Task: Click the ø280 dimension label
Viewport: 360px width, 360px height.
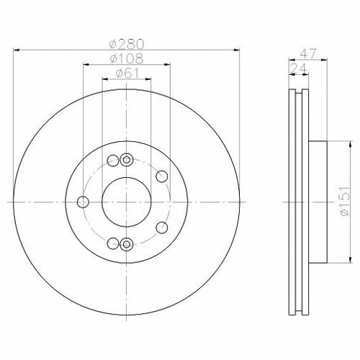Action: click(127, 44)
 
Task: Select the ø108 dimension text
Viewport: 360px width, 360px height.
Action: click(127, 58)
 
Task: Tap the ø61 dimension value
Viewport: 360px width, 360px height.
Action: click(127, 73)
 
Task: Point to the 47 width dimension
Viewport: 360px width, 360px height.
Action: click(308, 54)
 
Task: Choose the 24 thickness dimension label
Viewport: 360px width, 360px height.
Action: click(299, 68)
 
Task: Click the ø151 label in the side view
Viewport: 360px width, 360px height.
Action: click(345, 201)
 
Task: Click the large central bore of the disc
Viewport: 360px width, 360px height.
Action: click(127, 202)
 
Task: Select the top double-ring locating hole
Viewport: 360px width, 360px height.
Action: click(126, 160)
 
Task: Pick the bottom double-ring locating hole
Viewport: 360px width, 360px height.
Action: click(126, 244)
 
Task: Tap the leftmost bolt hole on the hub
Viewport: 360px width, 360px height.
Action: click(83, 202)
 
